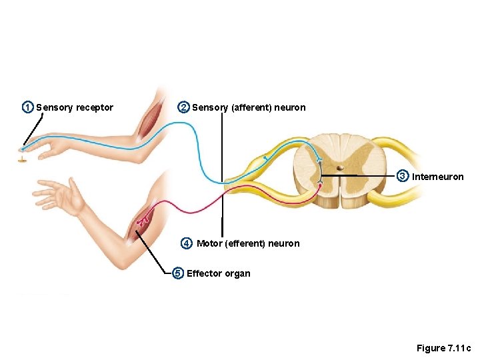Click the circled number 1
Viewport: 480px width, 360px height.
[27, 107]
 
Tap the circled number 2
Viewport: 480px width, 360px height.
[183, 107]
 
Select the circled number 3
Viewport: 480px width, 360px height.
[402, 176]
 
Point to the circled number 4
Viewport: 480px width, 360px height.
[187, 243]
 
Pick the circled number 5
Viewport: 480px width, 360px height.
[177, 273]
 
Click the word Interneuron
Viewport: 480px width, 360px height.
[438, 177]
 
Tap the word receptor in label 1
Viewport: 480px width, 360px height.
[95, 107]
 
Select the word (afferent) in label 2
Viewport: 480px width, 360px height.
[251, 107]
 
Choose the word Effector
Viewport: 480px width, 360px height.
[205, 273]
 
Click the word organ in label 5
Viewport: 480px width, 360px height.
[239, 273]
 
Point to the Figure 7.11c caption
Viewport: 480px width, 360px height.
[443, 348]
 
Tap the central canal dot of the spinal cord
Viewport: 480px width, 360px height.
[340, 168]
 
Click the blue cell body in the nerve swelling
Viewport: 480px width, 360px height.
[265, 158]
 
